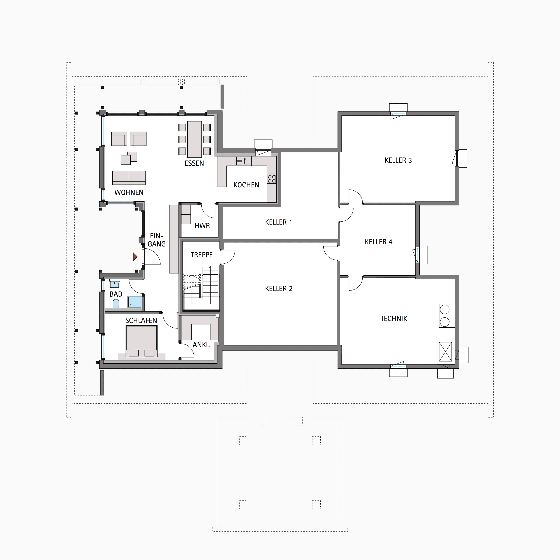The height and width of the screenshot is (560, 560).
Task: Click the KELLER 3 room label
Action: [398, 160]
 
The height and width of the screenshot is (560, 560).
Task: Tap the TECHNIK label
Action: [394, 318]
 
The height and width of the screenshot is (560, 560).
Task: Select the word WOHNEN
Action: [129, 192]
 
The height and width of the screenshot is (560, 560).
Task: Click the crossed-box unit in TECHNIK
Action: [446, 352]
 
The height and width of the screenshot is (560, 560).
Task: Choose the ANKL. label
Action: [201, 345]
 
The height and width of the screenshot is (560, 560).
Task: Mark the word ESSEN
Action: [194, 163]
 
